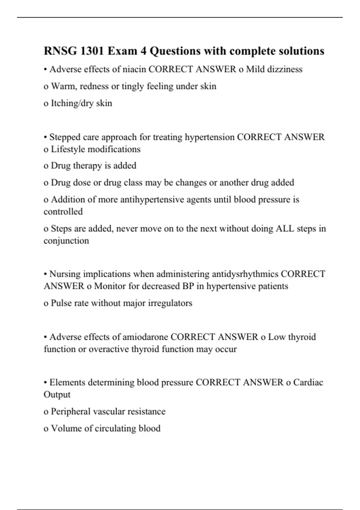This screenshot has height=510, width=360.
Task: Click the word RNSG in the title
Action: tap(60, 51)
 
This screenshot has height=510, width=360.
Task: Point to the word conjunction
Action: tap(66, 241)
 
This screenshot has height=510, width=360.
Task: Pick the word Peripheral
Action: tap(70, 411)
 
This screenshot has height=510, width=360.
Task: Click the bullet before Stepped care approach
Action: tap(45, 137)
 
